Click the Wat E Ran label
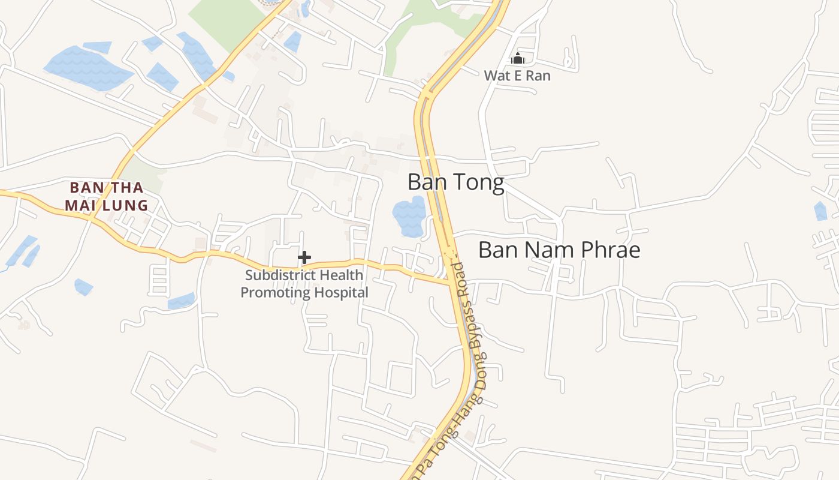coord(517,76)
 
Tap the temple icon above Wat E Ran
coord(518,58)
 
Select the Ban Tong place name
coord(455,182)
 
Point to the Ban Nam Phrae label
coord(559,250)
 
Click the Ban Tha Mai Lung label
coord(107,196)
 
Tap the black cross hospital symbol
coord(304,257)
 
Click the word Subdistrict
coord(279,275)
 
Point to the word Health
coord(341,275)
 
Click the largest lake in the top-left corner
coord(87,67)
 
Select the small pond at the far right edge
coord(820,211)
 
